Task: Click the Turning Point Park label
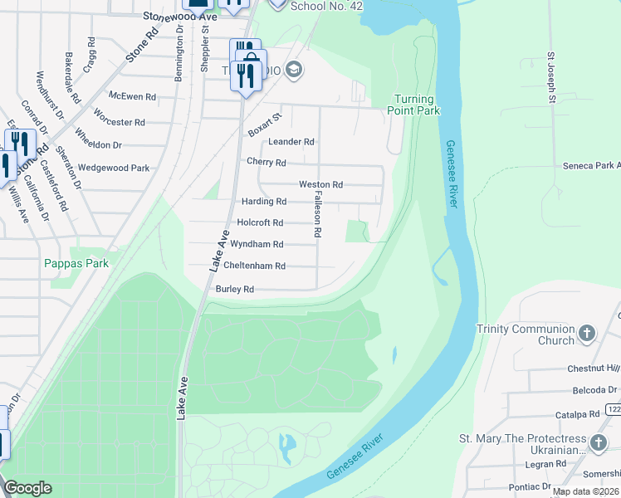pyautogui.click(x=416, y=105)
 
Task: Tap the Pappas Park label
pyautogui.click(x=76, y=263)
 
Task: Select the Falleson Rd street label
pyautogui.click(x=316, y=212)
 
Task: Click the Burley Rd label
pyautogui.click(x=234, y=289)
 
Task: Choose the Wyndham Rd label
pyautogui.click(x=257, y=244)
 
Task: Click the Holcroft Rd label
pyautogui.click(x=260, y=222)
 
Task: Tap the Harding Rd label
pyautogui.click(x=263, y=201)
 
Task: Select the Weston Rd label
pyautogui.click(x=320, y=184)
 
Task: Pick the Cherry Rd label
pyautogui.click(x=266, y=163)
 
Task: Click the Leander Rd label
pyautogui.click(x=291, y=142)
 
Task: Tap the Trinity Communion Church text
pyautogui.click(x=526, y=334)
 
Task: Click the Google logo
pyautogui.click(x=27, y=488)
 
